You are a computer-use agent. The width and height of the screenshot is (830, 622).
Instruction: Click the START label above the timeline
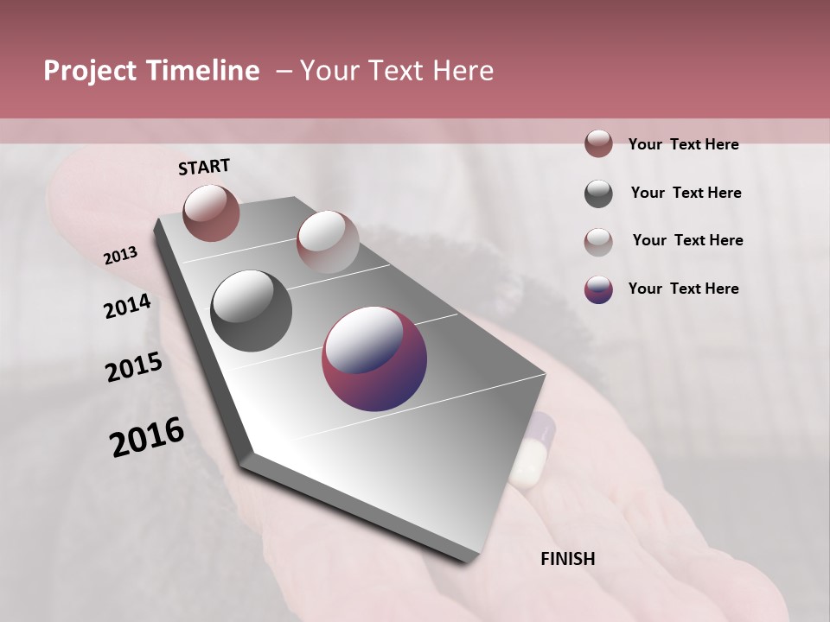tap(204, 167)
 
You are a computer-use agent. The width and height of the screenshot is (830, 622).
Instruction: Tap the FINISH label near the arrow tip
tap(568, 559)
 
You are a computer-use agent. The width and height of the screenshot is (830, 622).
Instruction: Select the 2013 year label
tap(121, 255)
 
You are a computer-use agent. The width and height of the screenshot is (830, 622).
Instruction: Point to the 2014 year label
tap(128, 307)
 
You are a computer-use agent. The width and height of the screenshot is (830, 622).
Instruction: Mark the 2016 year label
tap(147, 437)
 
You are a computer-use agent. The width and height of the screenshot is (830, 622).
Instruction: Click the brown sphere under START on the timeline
tap(212, 213)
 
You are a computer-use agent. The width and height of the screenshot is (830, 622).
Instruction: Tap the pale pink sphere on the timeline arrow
tap(328, 242)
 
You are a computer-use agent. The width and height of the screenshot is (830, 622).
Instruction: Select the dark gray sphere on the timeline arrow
tap(252, 311)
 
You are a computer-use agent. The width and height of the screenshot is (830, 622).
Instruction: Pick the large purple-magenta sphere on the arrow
tap(374, 359)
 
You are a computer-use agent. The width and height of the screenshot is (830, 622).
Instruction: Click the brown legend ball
tap(598, 144)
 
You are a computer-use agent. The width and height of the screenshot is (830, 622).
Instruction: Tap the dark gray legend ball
tap(598, 194)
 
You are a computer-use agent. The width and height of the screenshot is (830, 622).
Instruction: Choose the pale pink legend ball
tap(598, 241)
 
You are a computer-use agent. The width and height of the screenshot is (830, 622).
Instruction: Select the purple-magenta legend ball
tap(598, 289)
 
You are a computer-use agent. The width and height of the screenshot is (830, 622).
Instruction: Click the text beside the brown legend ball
tap(683, 144)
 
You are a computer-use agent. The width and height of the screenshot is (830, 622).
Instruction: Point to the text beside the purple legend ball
tap(683, 289)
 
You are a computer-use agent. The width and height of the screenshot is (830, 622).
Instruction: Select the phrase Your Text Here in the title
tap(397, 71)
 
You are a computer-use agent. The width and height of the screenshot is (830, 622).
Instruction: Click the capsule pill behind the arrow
tap(532, 449)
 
